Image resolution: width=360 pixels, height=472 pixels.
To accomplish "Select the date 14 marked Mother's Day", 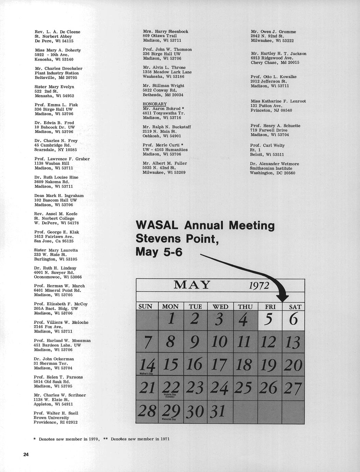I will (147, 366).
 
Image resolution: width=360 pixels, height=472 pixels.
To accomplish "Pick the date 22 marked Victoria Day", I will (171, 388).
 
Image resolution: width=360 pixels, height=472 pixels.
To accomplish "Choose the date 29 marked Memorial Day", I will (171, 410).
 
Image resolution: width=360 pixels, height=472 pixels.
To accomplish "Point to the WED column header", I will (220, 307).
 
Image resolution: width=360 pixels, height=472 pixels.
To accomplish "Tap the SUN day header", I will (145, 306).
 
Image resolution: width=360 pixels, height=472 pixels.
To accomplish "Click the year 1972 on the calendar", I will (259, 285).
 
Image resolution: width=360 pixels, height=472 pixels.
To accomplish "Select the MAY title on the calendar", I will (192, 285).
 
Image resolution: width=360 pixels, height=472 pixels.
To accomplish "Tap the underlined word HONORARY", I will (155, 104).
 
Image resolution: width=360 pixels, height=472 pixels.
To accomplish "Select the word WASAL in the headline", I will (157, 226).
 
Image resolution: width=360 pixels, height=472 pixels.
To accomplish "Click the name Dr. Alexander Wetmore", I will (275, 164).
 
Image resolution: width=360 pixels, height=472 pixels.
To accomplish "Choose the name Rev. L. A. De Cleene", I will (57, 32).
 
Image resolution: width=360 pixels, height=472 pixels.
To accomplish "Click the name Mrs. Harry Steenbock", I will (165, 31).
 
